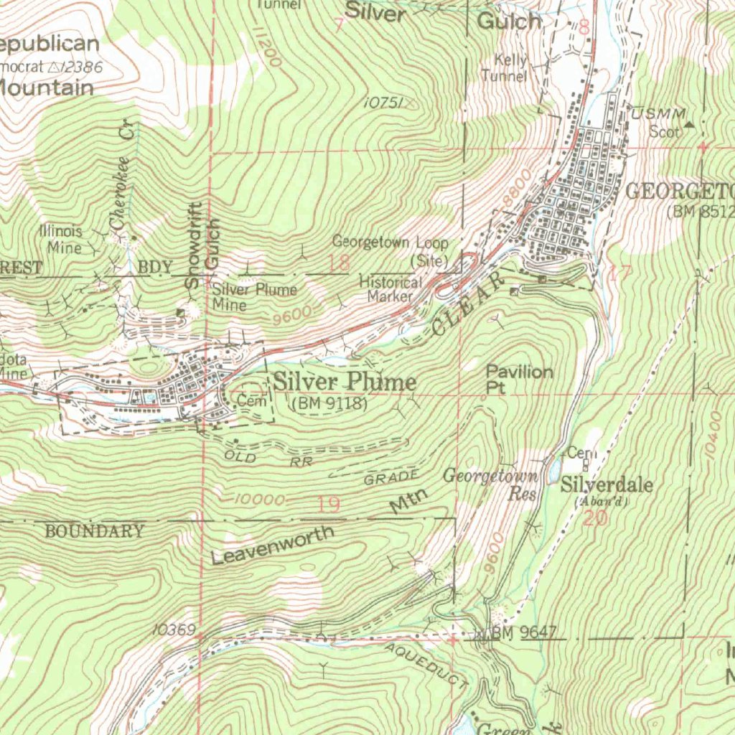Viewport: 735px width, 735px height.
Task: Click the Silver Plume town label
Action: (345, 381)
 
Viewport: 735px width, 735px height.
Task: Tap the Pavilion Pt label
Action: (520, 378)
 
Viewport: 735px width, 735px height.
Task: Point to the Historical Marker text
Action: (390, 289)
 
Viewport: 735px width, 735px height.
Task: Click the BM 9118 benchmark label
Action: (330, 404)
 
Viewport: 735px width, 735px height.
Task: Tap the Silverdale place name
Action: (607, 485)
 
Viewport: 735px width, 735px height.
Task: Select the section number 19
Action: (328, 505)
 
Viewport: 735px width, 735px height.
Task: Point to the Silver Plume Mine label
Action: (254, 297)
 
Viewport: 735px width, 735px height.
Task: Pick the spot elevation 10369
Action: (173, 629)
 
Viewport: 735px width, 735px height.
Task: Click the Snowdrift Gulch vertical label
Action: (202, 244)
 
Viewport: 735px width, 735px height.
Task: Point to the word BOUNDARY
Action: (94, 532)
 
